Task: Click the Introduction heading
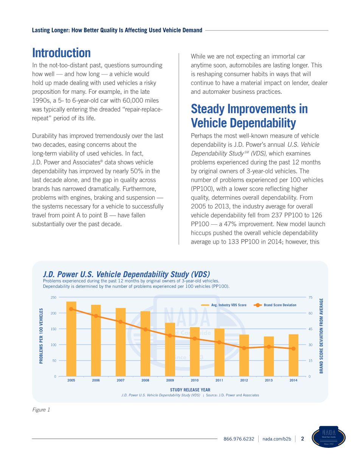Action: pos(62,53)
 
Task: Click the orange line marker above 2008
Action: pos(145,329)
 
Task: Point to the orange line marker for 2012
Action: pos(244,348)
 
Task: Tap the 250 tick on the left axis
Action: pos(53,298)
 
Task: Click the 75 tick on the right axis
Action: pos(310,298)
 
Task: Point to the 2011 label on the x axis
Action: pos(219,380)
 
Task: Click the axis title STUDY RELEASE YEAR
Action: pos(190,390)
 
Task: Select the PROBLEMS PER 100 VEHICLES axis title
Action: pos(41,336)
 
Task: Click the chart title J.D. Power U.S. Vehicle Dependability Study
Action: pos(126,274)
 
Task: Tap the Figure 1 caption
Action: pos(41,410)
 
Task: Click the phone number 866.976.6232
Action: pos(239,439)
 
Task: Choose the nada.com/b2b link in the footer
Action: pos(277,439)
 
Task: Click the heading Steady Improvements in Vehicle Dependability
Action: pos(249,116)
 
